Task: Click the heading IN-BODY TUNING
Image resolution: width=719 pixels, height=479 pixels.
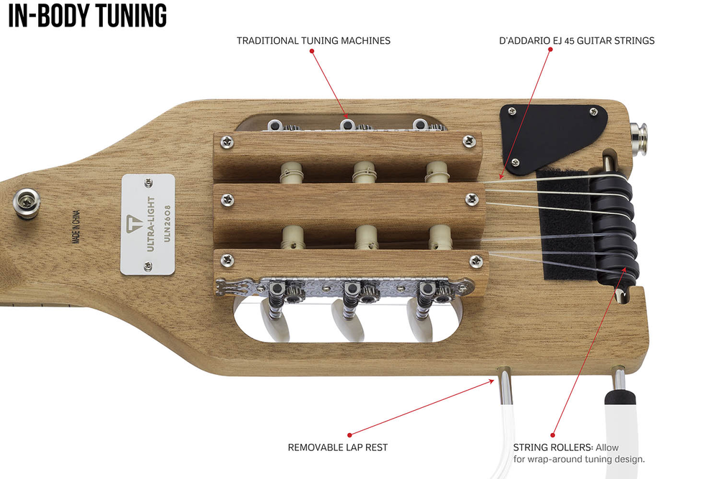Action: [88, 16]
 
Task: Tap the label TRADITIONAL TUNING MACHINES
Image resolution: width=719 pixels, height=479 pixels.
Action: [313, 41]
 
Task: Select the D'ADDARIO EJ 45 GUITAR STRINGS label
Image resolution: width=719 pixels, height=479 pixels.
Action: [577, 41]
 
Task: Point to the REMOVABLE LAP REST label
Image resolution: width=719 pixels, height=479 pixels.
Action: [338, 447]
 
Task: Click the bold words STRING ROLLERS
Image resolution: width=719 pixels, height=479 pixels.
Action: [552, 447]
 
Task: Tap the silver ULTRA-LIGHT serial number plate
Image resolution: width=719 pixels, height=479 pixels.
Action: [147, 224]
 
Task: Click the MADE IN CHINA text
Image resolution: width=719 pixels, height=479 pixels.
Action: [76, 227]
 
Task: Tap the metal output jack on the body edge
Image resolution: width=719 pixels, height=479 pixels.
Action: [639, 139]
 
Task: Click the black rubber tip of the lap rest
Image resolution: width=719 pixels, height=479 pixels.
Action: [620, 396]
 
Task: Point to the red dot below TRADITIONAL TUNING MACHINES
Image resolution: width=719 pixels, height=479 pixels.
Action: [312, 51]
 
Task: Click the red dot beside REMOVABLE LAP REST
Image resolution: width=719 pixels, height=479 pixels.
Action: [350, 435]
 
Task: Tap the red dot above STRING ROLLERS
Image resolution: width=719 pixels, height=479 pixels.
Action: [553, 435]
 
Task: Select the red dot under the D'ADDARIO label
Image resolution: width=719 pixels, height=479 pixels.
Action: [550, 50]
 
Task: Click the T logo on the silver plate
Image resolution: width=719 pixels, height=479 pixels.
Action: [135, 223]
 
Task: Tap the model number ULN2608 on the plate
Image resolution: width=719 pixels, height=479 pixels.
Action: [167, 224]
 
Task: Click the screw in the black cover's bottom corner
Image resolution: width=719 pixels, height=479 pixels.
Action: [516, 162]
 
